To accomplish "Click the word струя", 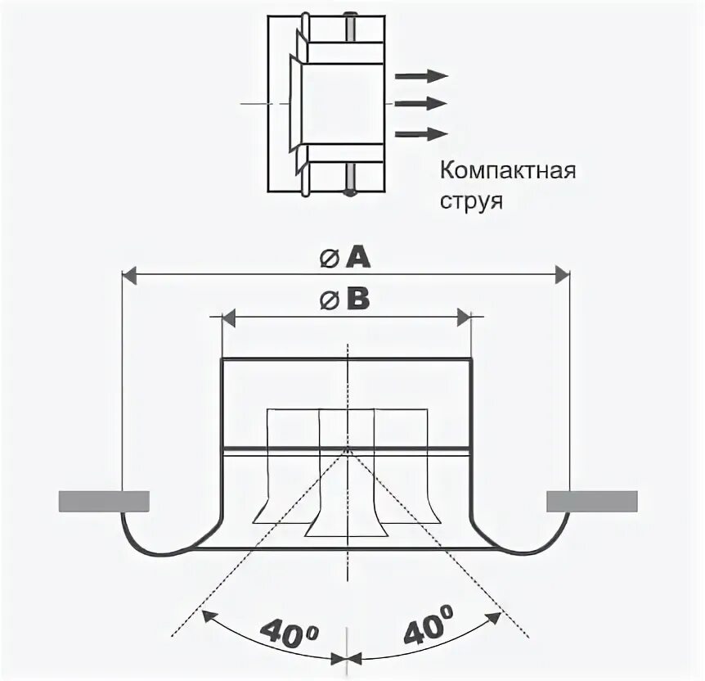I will [x=470, y=201].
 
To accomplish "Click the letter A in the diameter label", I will [x=357, y=258].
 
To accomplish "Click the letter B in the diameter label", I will [x=357, y=301].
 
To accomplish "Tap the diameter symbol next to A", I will [x=329, y=259].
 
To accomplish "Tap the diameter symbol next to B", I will [x=329, y=302].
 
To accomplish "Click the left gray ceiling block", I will [x=103, y=500].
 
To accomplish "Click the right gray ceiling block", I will [x=591, y=500].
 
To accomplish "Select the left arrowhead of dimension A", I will [x=129, y=275].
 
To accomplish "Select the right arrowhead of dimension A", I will [x=560, y=275].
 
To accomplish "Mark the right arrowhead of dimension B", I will [x=464, y=316].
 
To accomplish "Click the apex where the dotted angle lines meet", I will [x=348, y=449].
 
